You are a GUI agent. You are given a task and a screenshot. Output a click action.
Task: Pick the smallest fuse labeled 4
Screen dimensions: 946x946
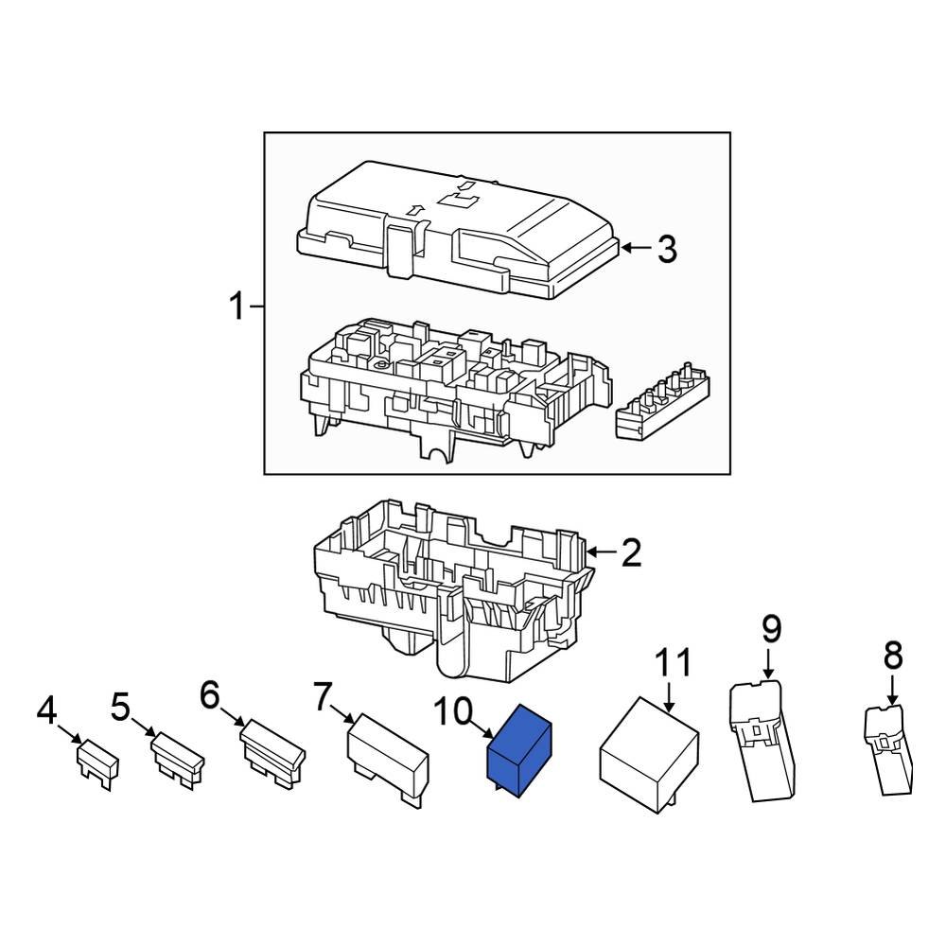pos(96,760)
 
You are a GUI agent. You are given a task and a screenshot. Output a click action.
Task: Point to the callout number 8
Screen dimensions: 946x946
pos(893,655)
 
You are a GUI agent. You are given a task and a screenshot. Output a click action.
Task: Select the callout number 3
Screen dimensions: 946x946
pos(667,250)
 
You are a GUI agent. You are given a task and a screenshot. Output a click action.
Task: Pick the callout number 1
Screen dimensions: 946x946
pos(236,307)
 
